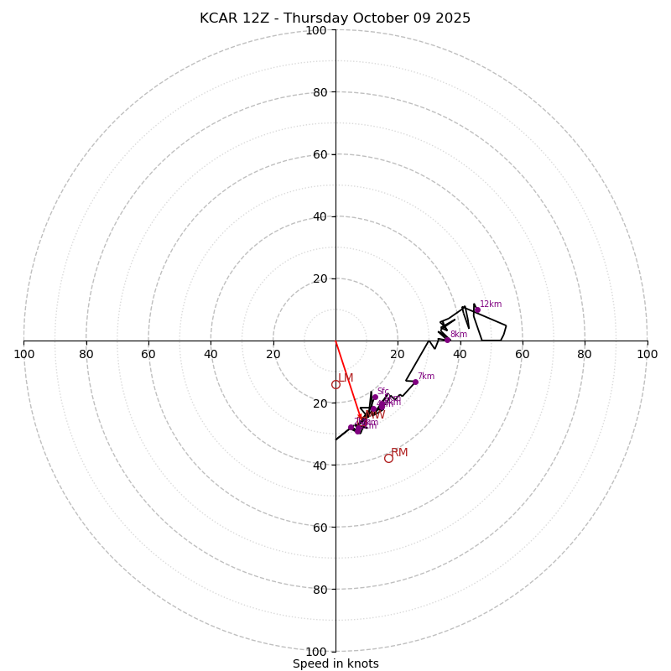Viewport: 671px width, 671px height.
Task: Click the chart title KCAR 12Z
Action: pos(335,18)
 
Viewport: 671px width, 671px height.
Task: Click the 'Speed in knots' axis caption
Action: pos(335,663)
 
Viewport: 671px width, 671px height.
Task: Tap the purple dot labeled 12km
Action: pos(477,310)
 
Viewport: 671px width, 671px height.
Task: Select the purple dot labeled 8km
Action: pos(447,340)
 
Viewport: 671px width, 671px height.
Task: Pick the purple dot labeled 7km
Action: pos(415,382)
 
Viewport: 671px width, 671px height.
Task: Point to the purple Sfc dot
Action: pos(375,398)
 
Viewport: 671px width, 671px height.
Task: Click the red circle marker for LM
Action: pos(335,385)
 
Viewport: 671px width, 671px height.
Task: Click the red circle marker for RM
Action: pos(388,458)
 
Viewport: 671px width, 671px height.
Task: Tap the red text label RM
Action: pos(399,453)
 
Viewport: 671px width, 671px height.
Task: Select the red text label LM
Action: pos(346,378)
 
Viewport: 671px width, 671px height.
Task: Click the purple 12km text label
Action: pos(491,304)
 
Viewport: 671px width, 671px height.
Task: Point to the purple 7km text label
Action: pos(426,377)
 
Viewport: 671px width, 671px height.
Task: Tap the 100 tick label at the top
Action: pos(316,30)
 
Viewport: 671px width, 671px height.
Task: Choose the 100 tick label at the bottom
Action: pos(316,652)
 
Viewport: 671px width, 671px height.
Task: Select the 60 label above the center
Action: pos(320,154)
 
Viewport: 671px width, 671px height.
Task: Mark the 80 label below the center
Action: pos(320,590)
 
